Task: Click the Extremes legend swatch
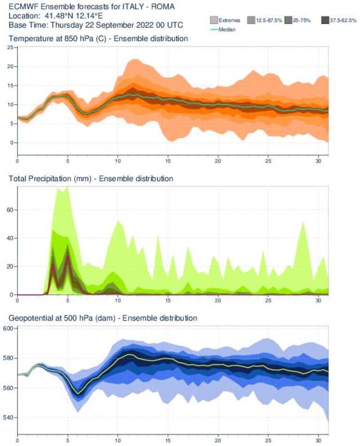(214, 20)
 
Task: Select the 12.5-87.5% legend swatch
(251, 20)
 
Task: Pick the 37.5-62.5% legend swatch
(325, 20)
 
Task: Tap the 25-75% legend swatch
(288, 20)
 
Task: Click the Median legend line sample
(214, 29)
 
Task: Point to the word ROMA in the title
(163, 7)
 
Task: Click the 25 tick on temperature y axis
(10, 47)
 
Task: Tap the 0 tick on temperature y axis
(12, 143)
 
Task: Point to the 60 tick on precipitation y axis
(10, 210)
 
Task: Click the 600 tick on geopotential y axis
(8, 329)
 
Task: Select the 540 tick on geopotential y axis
(8, 417)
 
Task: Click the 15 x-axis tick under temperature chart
(168, 161)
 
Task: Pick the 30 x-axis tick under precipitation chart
(318, 300)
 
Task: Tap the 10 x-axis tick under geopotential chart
(118, 440)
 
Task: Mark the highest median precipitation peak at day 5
(68, 257)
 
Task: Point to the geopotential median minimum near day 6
(78, 394)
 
